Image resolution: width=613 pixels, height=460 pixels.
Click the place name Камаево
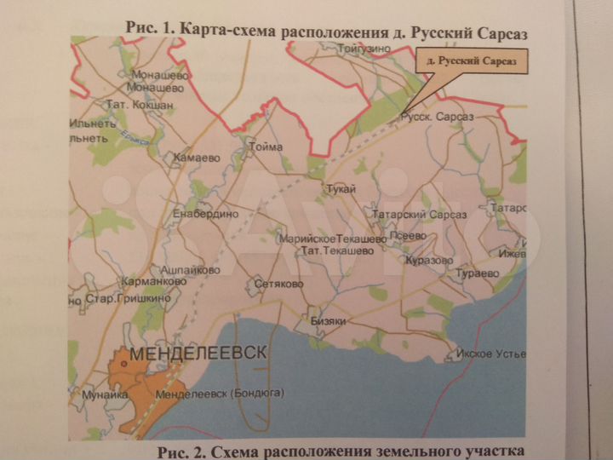(x=196, y=158)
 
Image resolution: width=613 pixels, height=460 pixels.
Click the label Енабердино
(x=205, y=214)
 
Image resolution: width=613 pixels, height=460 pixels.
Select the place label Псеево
(x=404, y=238)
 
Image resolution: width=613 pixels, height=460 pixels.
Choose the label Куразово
(x=427, y=260)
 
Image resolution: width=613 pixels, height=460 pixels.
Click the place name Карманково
(x=153, y=280)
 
